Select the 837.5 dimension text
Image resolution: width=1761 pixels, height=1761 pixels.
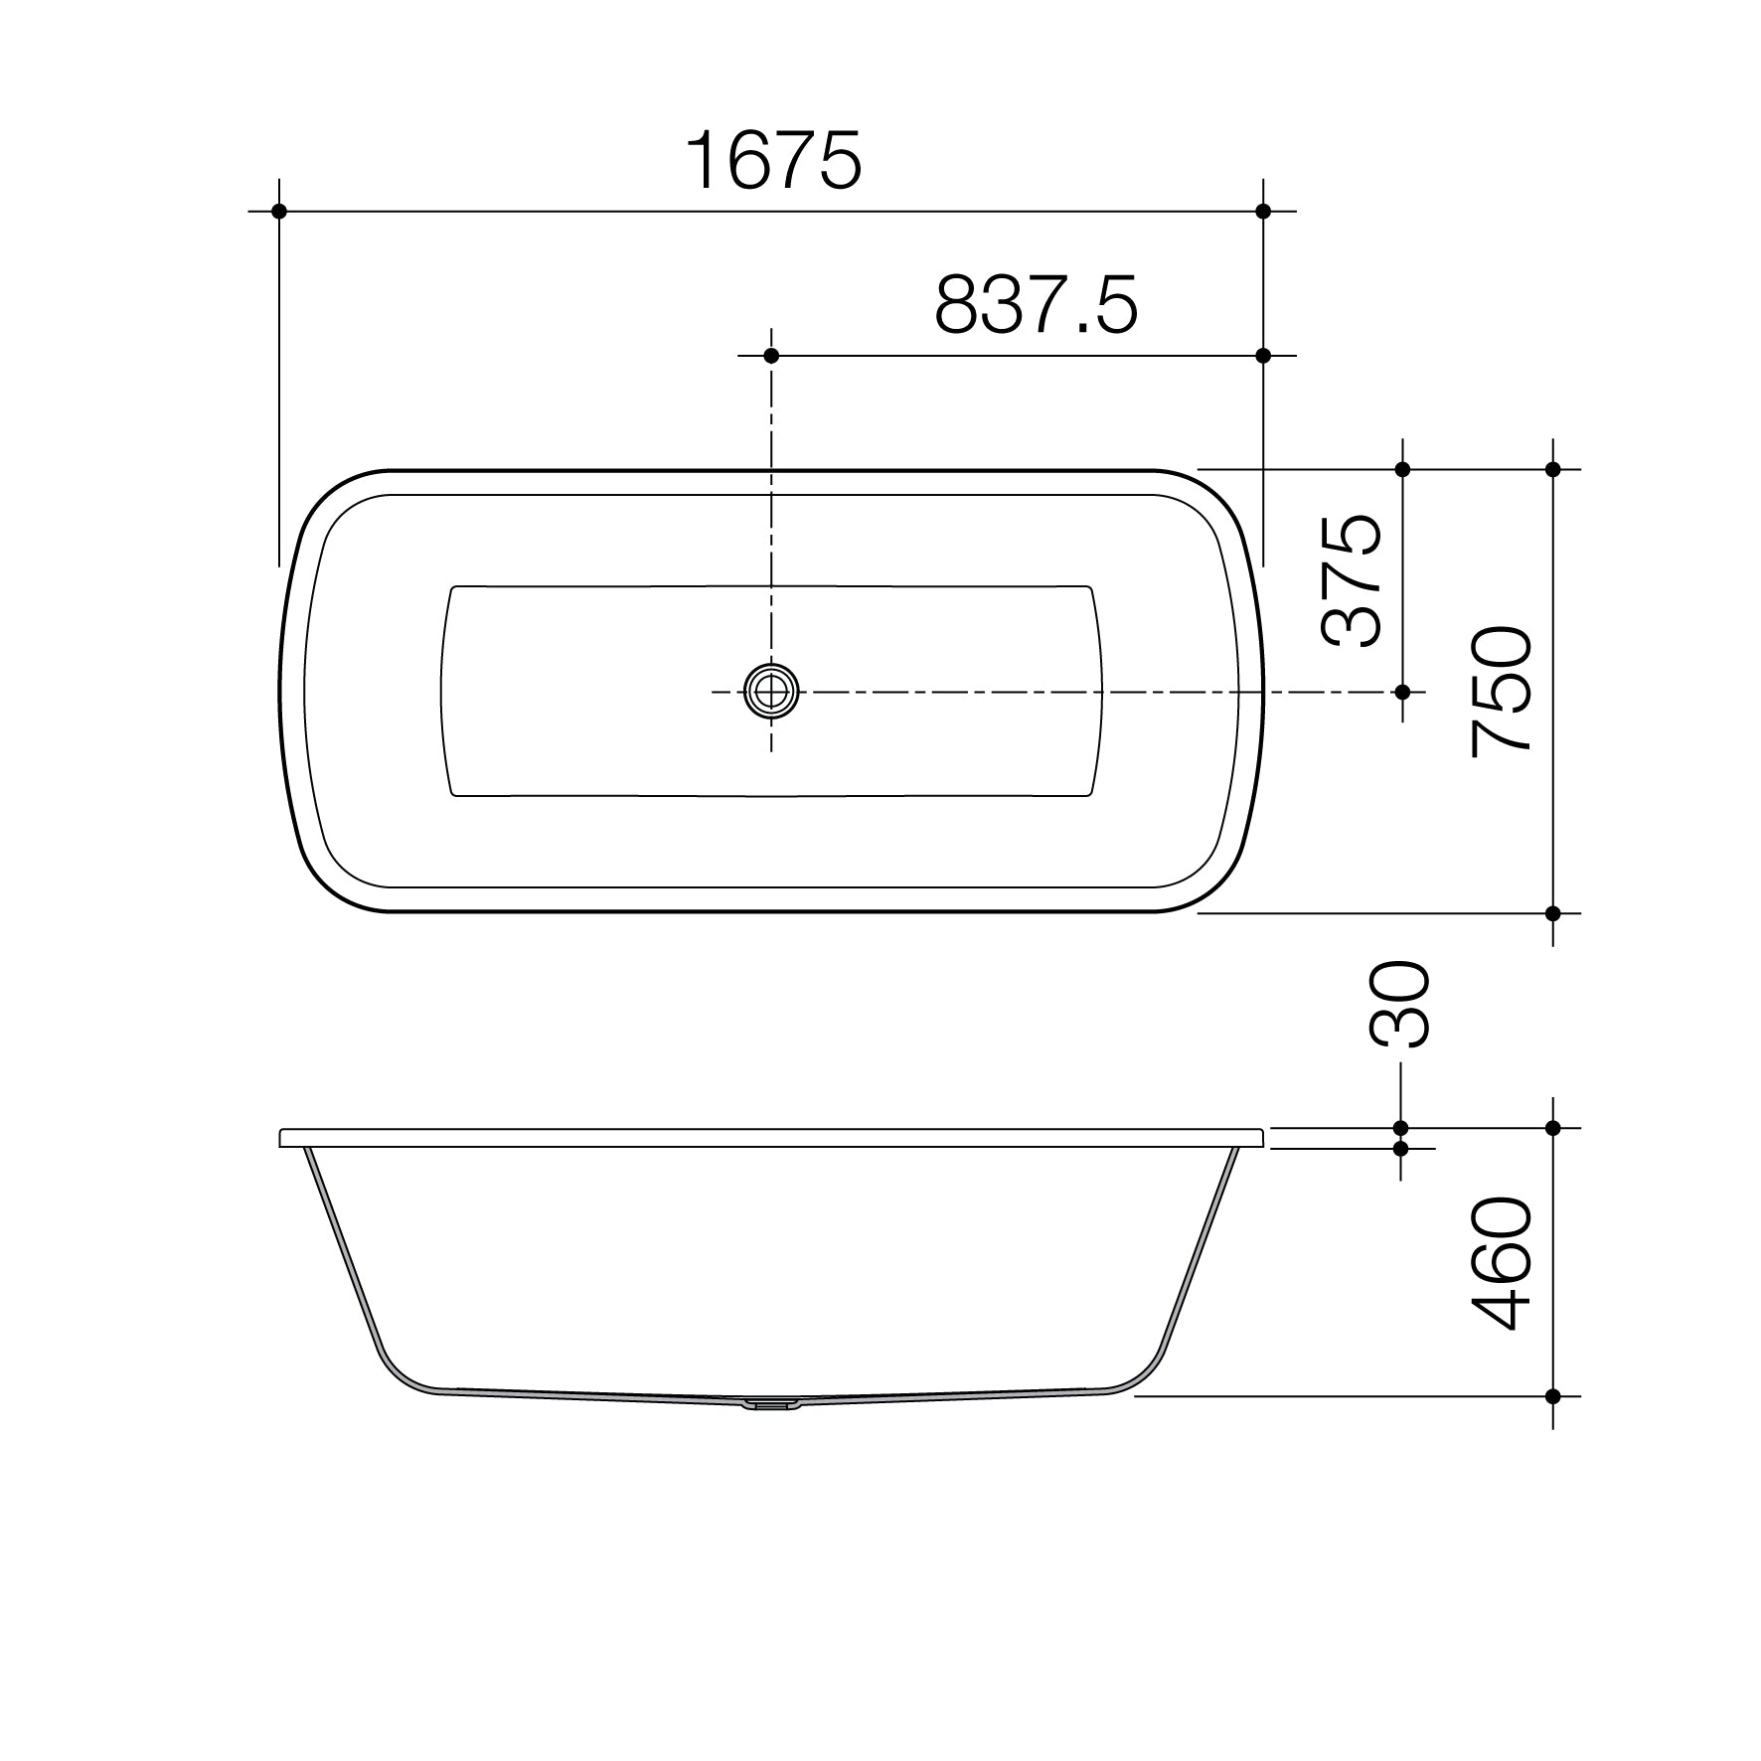(1036, 305)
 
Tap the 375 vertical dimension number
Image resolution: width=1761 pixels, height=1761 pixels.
(1353, 580)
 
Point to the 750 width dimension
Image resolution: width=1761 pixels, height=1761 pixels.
(1502, 692)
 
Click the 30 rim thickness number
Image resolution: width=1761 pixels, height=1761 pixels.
(1399, 1004)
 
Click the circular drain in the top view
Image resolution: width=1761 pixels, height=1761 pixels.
(771, 691)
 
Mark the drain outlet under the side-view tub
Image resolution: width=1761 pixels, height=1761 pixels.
(771, 1405)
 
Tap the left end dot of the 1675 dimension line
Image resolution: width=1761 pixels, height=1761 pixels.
(279, 211)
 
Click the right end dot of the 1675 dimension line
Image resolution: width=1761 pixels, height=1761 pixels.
(1263, 211)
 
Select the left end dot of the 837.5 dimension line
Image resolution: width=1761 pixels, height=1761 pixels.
(771, 356)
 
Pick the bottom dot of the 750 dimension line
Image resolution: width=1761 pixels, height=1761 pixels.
(1552, 912)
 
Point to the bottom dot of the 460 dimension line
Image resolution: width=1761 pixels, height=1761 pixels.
(1552, 1396)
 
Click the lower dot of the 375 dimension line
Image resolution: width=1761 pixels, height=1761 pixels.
(1402, 691)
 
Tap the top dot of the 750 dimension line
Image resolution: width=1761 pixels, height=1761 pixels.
(1552, 469)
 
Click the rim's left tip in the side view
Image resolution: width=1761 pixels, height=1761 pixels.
(282, 1138)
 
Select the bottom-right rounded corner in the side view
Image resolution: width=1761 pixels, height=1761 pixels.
(1144, 1375)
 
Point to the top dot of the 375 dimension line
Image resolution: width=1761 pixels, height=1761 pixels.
(1402, 469)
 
